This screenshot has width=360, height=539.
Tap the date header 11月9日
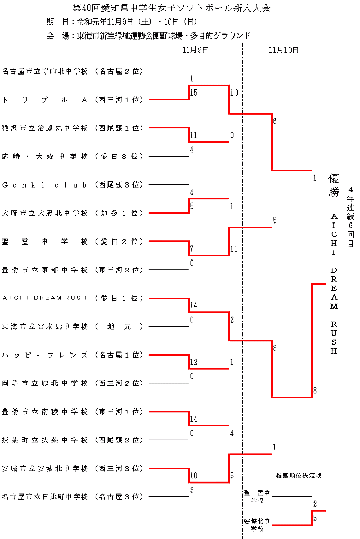click(195, 50)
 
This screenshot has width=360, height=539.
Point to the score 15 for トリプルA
click(193, 93)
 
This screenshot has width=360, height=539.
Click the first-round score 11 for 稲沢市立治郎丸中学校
click(193, 136)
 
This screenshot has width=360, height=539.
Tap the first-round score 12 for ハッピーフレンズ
click(193, 363)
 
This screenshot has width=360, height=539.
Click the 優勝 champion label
click(334, 185)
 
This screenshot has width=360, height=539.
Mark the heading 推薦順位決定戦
click(299, 475)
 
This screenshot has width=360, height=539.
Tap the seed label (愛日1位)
click(119, 298)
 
